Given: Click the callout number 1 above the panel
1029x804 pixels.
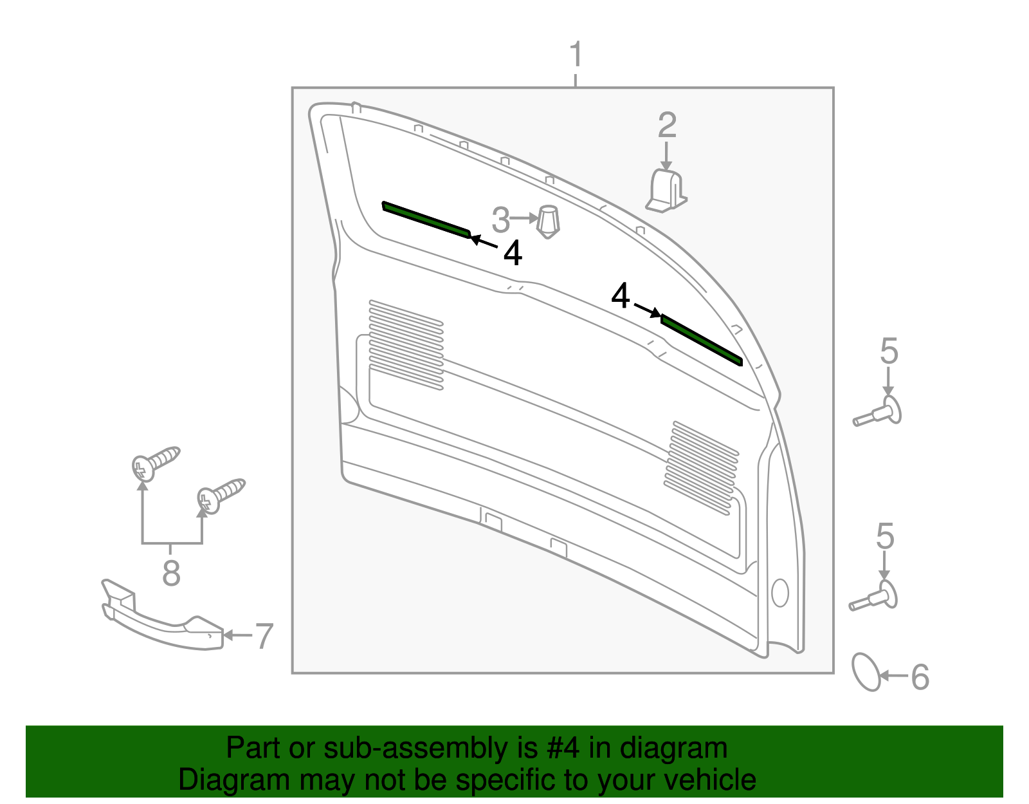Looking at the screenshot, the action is pyautogui.click(x=576, y=55).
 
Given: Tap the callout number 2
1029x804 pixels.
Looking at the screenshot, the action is pyautogui.click(x=667, y=125).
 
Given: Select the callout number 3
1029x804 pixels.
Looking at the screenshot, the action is pyautogui.click(x=500, y=220).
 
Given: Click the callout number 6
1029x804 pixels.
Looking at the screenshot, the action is pyautogui.click(x=920, y=677).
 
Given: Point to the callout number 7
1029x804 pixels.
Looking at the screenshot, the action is pyautogui.click(x=264, y=636).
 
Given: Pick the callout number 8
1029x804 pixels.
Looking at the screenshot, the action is pyautogui.click(x=171, y=573).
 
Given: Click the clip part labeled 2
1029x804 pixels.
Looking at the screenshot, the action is pyautogui.click(x=666, y=191).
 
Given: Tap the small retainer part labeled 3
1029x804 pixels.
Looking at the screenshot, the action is pyautogui.click(x=548, y=221).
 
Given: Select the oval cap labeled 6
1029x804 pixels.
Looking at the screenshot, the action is pyautogui.click(x=866, y=672).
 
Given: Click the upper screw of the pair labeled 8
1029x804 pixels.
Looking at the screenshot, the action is pyautogui.click(x=156, y=463).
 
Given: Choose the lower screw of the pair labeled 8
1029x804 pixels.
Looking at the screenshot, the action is pyautogui.click(x=221, y=496).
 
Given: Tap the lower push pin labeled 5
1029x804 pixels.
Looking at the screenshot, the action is pyautogui.click(x=873, y=596).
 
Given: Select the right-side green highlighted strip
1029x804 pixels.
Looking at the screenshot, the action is pyautogui.click(x=701, y=340).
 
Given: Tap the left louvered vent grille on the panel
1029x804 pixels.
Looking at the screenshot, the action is pyautogui.click(x=406, y=345).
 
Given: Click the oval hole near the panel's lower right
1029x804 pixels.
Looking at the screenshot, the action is pyautogui.click(x=780, y=593).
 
